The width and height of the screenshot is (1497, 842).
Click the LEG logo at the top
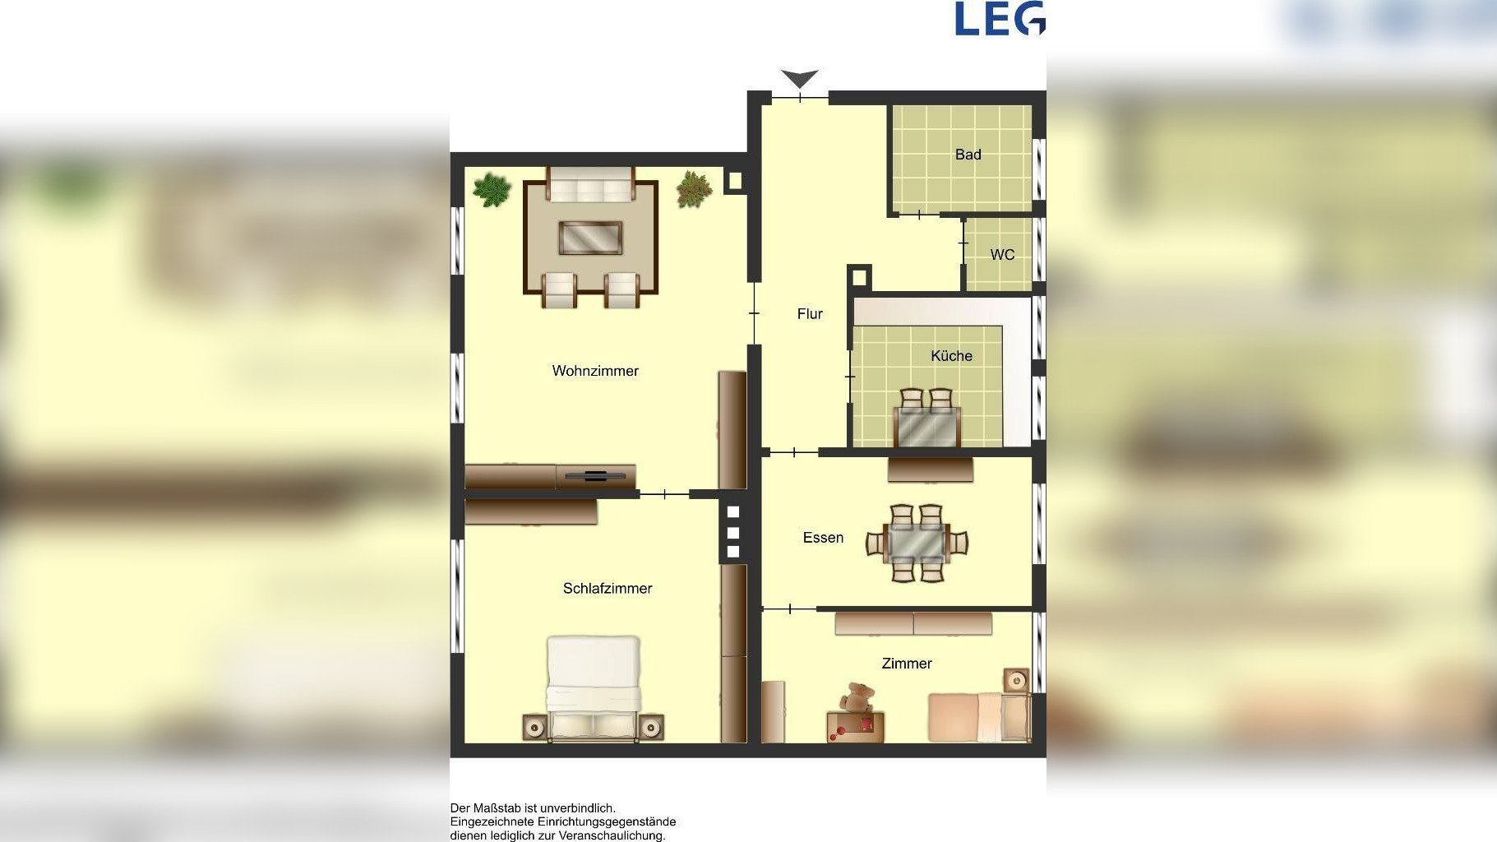tap(1000, 18)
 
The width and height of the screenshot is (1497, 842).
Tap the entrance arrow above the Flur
tap(800, 79)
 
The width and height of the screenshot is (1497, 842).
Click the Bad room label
tap(968, 155)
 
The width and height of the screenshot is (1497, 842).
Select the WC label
tap(1002, 255)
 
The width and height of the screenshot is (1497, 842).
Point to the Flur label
tap(810, 314)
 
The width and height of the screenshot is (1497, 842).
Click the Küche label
tap(951, 356)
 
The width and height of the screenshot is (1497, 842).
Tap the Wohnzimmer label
tap(595, 371)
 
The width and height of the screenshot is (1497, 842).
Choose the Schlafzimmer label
tap(608, 589)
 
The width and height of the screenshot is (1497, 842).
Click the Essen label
tap(823, 538)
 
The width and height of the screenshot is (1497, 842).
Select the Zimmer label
tap(907, 664)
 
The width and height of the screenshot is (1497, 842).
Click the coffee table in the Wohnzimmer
tap(590, 238)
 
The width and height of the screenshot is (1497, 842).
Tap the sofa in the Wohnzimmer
tap(590, 185)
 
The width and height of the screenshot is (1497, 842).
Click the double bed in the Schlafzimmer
tap(594, 688)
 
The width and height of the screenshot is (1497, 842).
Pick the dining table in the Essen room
tap(917, 543)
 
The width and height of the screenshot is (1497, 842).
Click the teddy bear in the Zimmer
tap(856, 698)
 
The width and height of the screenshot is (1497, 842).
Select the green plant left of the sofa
tap(492, 190)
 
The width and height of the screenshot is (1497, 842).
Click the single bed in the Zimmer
tap(979, 717)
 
